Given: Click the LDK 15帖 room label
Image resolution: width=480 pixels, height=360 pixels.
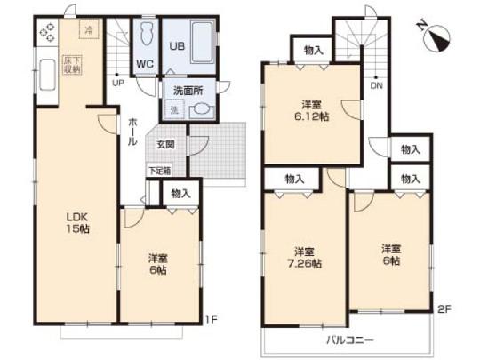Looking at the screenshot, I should (x=76, y=221).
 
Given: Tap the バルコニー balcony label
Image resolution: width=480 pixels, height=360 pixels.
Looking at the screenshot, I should (x=342, y=340).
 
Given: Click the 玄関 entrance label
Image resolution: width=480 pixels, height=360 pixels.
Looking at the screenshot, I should (x=166, y=144).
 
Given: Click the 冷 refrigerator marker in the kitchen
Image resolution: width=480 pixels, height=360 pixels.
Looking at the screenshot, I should (x=88, y=30).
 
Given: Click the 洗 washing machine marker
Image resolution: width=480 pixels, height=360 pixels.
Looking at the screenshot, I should (x=174, y=109).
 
